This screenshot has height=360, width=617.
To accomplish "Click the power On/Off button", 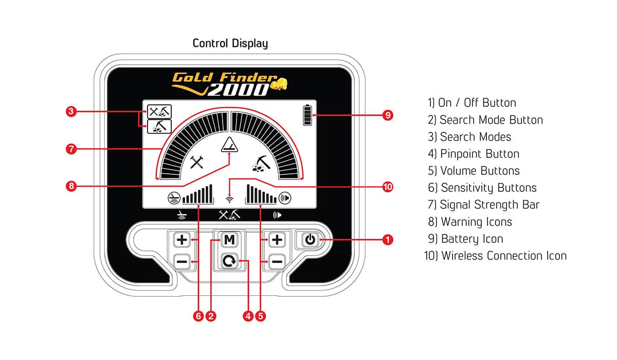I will pos(309,240).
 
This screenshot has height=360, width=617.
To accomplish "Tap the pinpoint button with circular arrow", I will pos(228,262).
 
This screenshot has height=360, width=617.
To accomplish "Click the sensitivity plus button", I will pos(182,240).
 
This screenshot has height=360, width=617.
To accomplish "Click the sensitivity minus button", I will pos(182,262).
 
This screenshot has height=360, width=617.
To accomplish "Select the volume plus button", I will pos(277,240).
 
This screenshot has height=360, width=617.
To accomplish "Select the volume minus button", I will pos(277,262).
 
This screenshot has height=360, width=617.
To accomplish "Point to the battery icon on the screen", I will pos(308,115).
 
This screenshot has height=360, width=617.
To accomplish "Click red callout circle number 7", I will pos(71,149).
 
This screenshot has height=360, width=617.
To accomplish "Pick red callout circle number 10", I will pos(387,186).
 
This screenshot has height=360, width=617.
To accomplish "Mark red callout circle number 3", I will pos(71,112).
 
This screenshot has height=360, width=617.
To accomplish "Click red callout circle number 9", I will pos(387,115).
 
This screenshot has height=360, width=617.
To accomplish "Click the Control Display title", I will pos(230,43).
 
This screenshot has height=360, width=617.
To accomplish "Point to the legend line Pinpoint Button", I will pos(473,154).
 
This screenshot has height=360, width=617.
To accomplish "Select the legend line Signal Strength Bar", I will pos(483,205).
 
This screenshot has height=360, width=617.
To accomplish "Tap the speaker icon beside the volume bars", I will pos(284,196).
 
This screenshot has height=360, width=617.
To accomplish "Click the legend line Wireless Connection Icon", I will pos(495,256).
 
